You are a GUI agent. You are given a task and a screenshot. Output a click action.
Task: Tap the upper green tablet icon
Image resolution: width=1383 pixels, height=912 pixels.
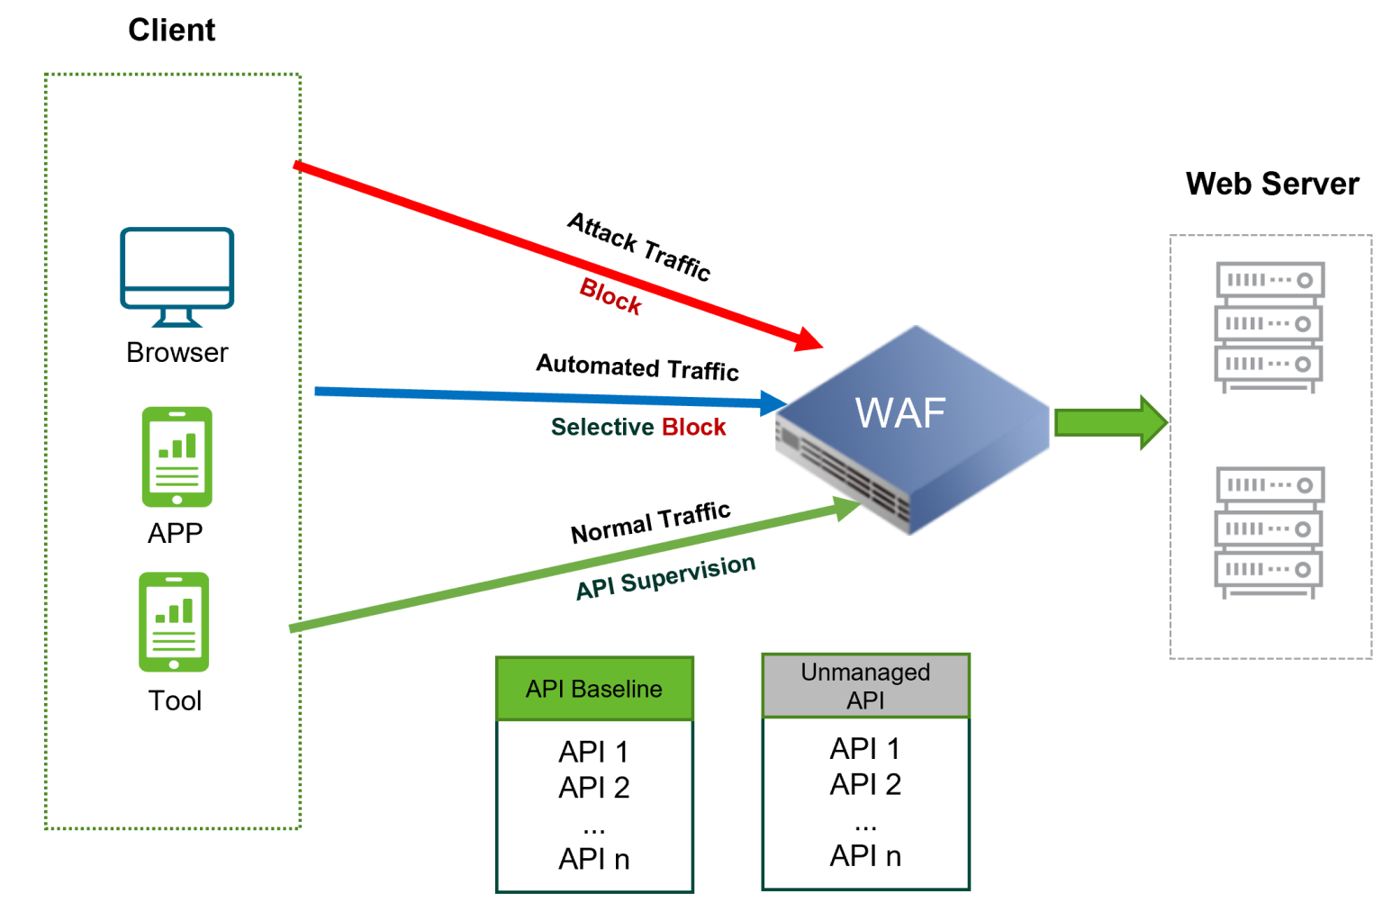176,456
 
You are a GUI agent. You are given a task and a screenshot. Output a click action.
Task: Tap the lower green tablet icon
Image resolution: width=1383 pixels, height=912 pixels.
174,622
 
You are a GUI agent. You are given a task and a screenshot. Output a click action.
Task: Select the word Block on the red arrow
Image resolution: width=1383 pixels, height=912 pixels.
610,296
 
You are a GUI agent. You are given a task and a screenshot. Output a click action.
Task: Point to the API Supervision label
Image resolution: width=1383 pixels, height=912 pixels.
665,576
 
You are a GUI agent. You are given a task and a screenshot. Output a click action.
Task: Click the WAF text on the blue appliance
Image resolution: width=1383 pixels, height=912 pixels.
899,413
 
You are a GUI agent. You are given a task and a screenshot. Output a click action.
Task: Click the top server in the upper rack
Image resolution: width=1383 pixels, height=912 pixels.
1270,280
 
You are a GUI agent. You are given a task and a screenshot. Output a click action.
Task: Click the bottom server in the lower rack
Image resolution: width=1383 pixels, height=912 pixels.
1270,570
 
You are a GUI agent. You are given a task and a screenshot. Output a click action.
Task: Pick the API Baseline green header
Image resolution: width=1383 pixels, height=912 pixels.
594,689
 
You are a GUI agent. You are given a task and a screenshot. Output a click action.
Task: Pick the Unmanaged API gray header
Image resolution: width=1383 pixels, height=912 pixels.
865,686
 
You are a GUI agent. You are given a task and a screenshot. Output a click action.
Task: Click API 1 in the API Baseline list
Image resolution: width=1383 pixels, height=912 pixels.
593,752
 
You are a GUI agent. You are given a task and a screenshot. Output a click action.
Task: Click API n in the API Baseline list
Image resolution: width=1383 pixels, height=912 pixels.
593,859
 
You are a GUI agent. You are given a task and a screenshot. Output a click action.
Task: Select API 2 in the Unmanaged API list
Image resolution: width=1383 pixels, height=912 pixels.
865,784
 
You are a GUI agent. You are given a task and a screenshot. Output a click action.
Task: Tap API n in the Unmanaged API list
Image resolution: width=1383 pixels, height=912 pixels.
865,855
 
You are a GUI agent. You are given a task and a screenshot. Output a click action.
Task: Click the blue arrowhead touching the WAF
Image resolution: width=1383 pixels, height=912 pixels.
773,402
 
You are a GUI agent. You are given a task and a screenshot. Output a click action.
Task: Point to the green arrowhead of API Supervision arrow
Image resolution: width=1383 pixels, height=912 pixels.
846,508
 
